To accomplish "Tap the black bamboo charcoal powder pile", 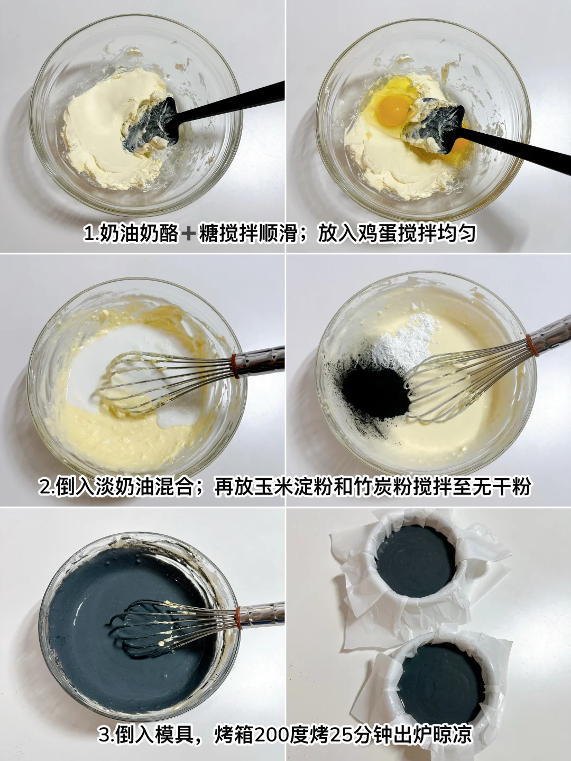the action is point(374,391).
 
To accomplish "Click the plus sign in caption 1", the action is point(189,234).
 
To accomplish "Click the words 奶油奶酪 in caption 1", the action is point(139,234).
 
